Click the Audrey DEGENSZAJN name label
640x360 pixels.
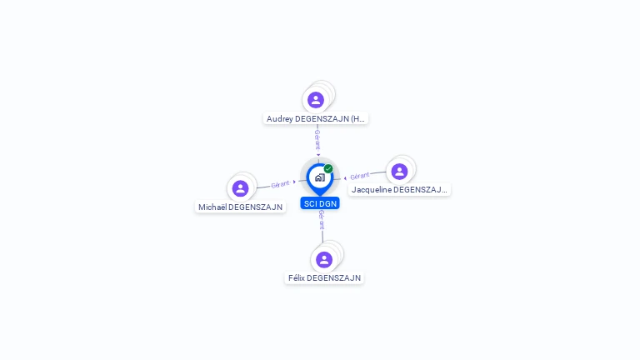[316, 119]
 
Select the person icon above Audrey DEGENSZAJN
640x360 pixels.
[316, 100]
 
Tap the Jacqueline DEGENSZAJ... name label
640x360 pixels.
[399, 190]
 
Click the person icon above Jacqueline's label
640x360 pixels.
[399, 172]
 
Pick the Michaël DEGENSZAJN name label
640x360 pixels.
[240, 207]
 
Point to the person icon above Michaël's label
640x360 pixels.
[240, 188]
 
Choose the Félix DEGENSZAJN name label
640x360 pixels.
[324, 278]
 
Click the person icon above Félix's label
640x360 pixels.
[324, 260]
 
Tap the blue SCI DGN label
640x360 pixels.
[320, 203]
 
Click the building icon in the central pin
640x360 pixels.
[320, 177]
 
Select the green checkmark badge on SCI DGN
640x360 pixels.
[328, 168]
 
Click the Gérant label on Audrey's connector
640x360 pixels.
[317, 140]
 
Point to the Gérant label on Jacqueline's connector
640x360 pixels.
[360, 176]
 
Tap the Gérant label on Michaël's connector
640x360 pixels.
[280, 184]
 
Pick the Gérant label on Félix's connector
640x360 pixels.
[322, 220]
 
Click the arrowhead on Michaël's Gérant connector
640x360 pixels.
[294, 182]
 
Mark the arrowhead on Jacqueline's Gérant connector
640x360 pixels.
[345, 178]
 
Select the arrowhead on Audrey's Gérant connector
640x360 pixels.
[318, 155]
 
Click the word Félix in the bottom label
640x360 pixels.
[297, 278]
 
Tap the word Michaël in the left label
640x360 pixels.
[212, 207]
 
